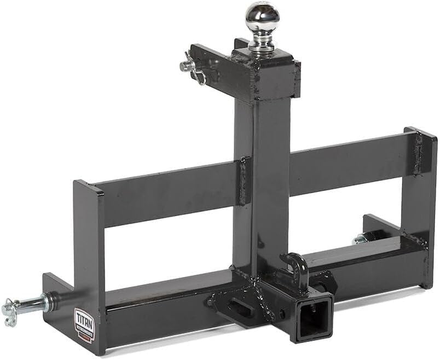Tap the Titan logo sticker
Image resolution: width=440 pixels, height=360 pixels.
tap(84, 324)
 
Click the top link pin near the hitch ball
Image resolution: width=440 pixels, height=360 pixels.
tap(189, 65)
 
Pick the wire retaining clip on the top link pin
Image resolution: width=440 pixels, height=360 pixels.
tap(200, 74)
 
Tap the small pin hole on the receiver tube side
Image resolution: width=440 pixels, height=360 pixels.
tap(282, 314)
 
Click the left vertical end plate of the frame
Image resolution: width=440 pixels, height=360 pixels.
tap(89, 257)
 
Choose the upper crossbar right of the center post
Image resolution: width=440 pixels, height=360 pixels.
tap(350, 161)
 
